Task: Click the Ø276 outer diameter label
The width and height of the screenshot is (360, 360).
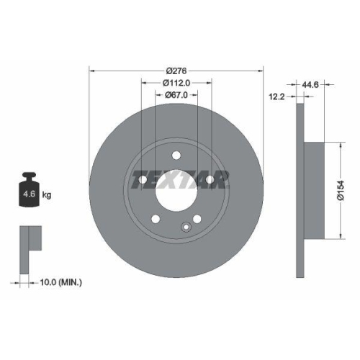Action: tap(176, 70)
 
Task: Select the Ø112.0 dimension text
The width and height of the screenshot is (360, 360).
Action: tap(176, 82)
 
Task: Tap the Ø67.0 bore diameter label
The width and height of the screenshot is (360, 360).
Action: tap(176, 94)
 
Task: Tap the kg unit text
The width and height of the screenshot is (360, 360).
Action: tap(47, 195)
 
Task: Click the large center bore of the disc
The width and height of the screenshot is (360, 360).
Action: tap(176, 189)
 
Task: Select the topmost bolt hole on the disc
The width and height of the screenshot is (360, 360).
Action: tap(176, 153)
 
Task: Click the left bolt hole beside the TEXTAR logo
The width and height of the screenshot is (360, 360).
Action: tap(143, 179)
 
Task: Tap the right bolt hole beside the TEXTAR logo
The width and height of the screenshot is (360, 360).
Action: tap(210, 179)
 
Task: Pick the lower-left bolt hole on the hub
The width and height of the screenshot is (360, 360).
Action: tap(156, 218)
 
